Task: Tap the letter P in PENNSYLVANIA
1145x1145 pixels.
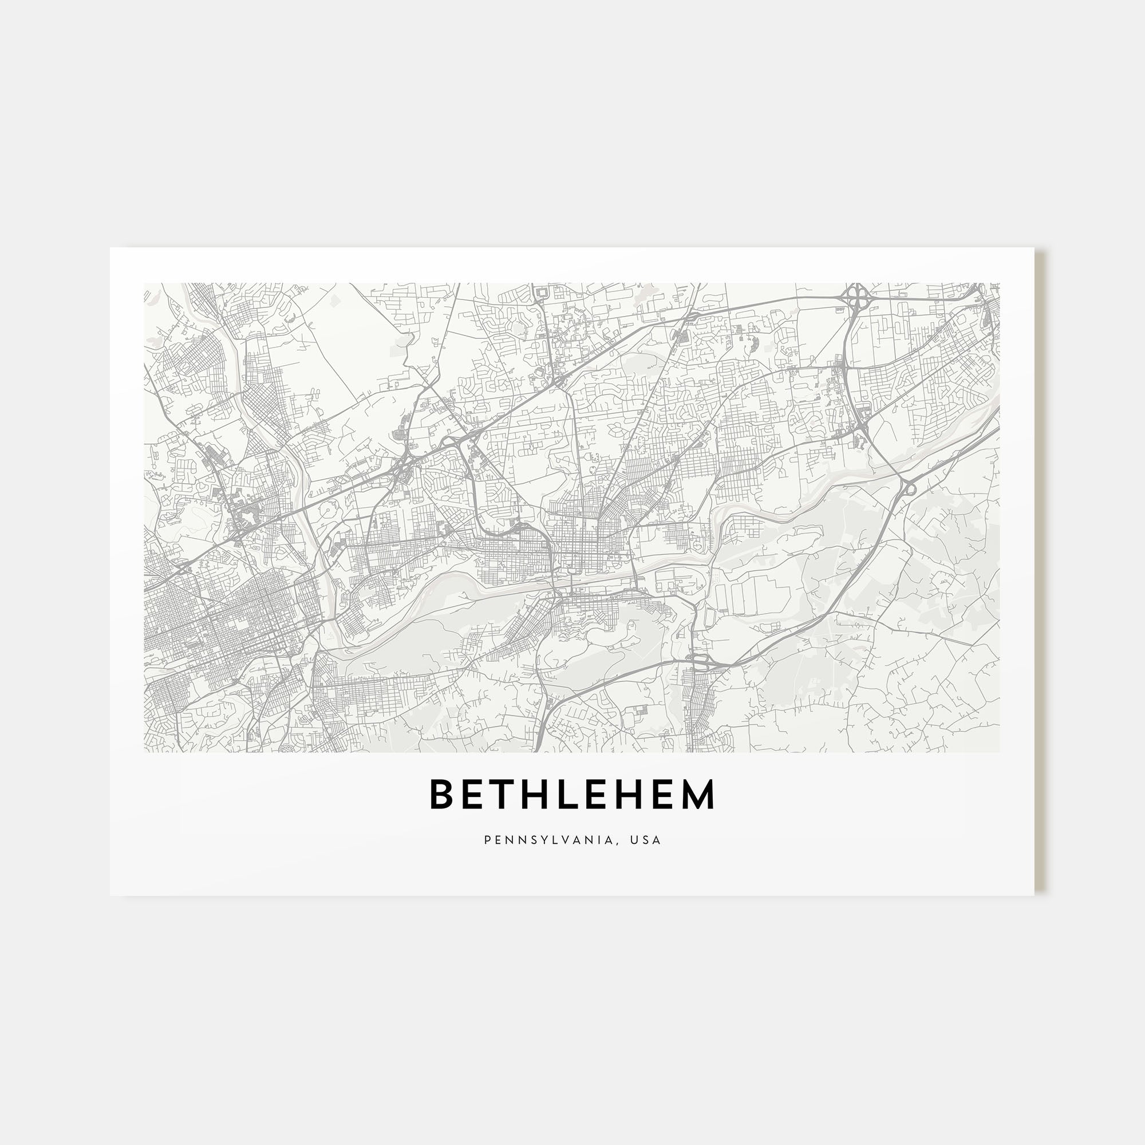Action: point(487,840)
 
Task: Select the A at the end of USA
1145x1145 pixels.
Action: point(657,840)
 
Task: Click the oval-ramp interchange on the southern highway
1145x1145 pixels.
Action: point(701,661)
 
